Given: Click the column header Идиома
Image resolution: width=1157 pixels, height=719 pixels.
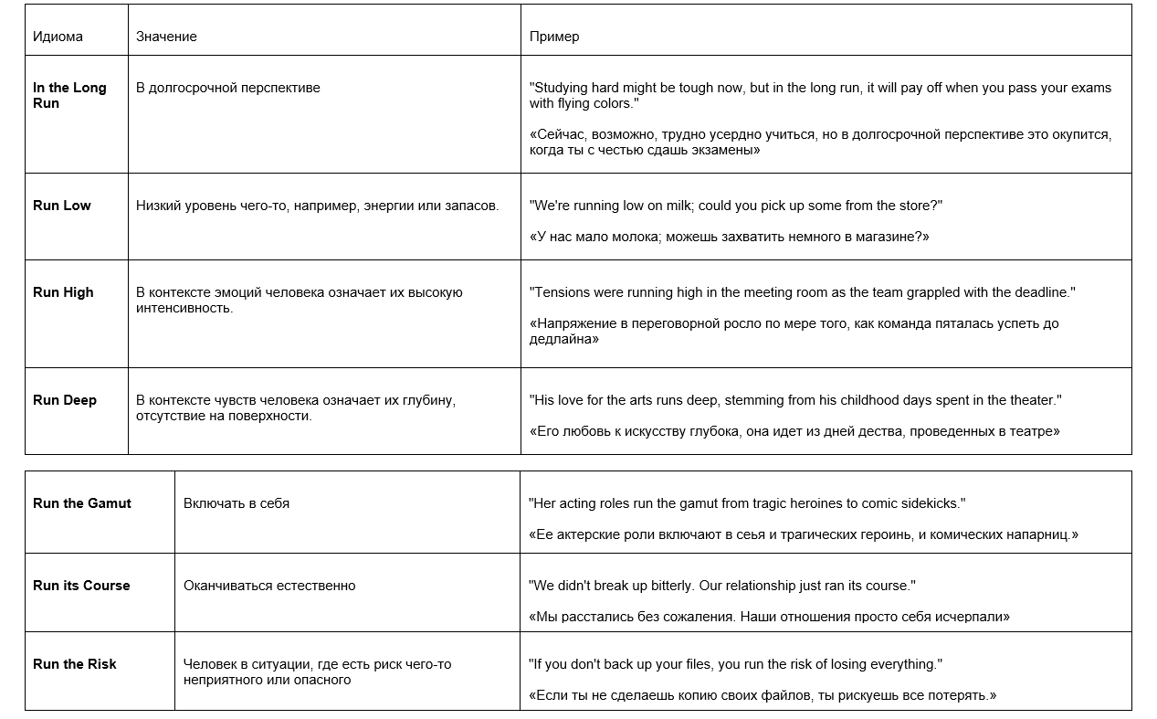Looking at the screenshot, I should click(58, 37).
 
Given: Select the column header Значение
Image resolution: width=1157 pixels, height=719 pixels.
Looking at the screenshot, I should click(166, 37).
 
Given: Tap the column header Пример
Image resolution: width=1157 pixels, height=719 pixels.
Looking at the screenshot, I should click(554, 37).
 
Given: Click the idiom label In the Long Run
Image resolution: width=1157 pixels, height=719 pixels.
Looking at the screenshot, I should click(69, 95).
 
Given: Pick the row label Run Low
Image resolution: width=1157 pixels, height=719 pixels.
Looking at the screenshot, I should click(62, 206).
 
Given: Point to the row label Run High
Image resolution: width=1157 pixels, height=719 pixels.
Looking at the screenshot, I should click(63, 292).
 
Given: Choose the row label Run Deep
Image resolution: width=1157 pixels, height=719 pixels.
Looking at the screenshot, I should click(65, 400).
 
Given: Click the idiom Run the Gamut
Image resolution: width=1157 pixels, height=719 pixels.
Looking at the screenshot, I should click(82, 503).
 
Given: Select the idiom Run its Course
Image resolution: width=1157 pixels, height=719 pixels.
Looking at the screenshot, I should click(81, 586).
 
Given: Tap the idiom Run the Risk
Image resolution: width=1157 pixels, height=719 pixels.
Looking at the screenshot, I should click(75, 664).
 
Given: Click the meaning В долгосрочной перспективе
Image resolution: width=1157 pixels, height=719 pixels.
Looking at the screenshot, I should click(228, 88).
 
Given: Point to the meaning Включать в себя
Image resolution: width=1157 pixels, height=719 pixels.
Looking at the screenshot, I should click(237, 503).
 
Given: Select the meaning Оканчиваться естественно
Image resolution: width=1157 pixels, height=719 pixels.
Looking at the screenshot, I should click(269, 586).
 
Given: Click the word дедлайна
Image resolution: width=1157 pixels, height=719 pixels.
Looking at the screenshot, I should click(564, 339).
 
